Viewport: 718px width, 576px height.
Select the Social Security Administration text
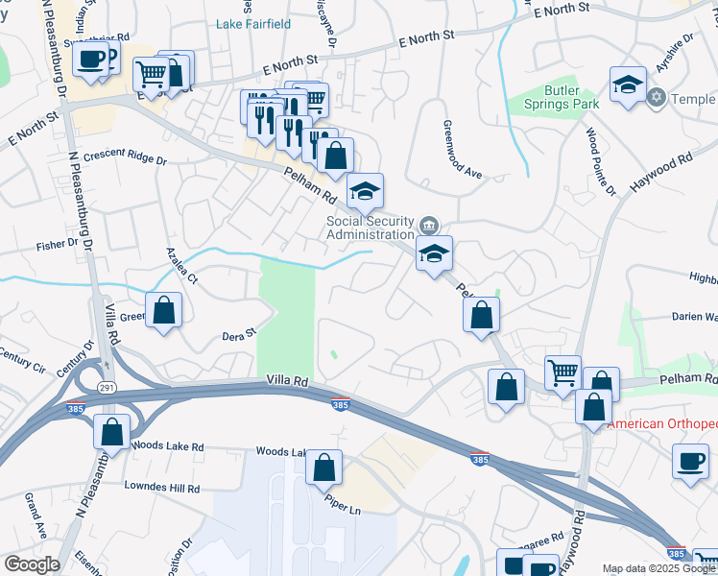point(371,227)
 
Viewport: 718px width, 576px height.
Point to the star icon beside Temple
point(658,97)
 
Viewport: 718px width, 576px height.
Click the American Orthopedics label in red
point(662,423)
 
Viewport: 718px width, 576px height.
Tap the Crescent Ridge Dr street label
point(125,157)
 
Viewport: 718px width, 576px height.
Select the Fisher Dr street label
point(58,245)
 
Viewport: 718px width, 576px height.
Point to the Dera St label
point(240,334)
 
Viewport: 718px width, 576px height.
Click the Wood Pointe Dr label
point(600,161)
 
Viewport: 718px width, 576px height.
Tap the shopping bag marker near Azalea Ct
point(164,311)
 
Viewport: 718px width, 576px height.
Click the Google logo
point(32,564)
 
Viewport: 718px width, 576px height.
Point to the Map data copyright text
point(658,568)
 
